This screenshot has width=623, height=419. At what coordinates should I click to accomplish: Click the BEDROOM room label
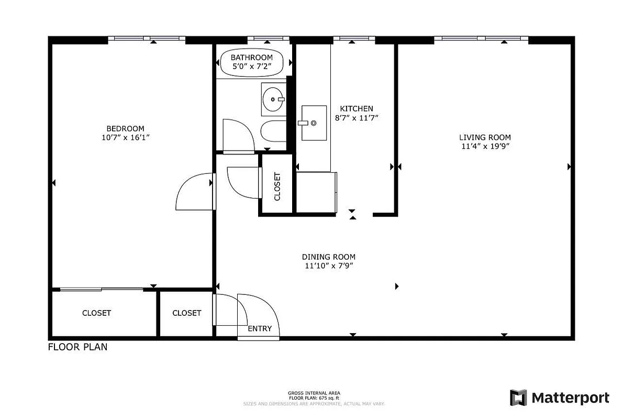coord(125,128)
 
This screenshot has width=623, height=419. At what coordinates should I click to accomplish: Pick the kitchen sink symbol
coord(314,123)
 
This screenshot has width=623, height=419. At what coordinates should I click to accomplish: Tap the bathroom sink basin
coord(273,98)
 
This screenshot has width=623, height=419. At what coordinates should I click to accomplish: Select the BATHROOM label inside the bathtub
coord(252,58)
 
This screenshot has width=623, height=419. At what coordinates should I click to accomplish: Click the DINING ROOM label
coord(328,257)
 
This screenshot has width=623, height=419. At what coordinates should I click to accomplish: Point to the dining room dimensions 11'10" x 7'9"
coord(328,266)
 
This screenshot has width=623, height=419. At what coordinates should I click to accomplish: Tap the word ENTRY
coord(260,328)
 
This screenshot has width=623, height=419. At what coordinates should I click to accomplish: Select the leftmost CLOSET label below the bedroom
coord(96,313)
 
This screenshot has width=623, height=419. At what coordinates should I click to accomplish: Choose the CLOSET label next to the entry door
coord(186,313)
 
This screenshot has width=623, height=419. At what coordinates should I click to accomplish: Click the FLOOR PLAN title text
coord(77,346)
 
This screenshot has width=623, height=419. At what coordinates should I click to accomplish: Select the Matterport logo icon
coord(518,398)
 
